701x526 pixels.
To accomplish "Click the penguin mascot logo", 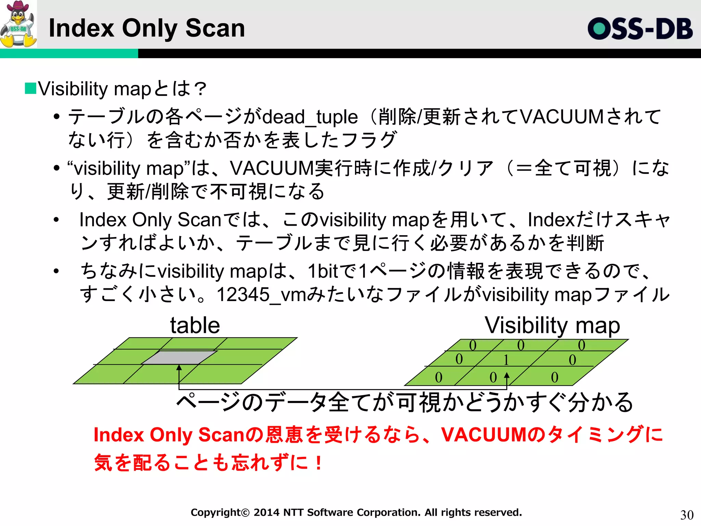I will click(x=18, y=24).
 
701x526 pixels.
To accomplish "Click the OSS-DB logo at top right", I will click(x=640, y=28).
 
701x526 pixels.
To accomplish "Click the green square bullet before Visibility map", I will click(x=30, y=88).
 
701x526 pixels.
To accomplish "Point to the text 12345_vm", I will click(x=243, y=295).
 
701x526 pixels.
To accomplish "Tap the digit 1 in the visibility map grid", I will click(x=506, y=360).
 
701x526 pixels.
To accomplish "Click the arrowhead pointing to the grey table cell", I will click(x=179, y=368).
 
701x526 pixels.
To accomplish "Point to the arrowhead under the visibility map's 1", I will click(x=507, y=375).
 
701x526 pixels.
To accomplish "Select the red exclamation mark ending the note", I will click(x=319, y=463).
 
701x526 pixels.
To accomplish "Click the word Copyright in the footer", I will click(x=216, y=512).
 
